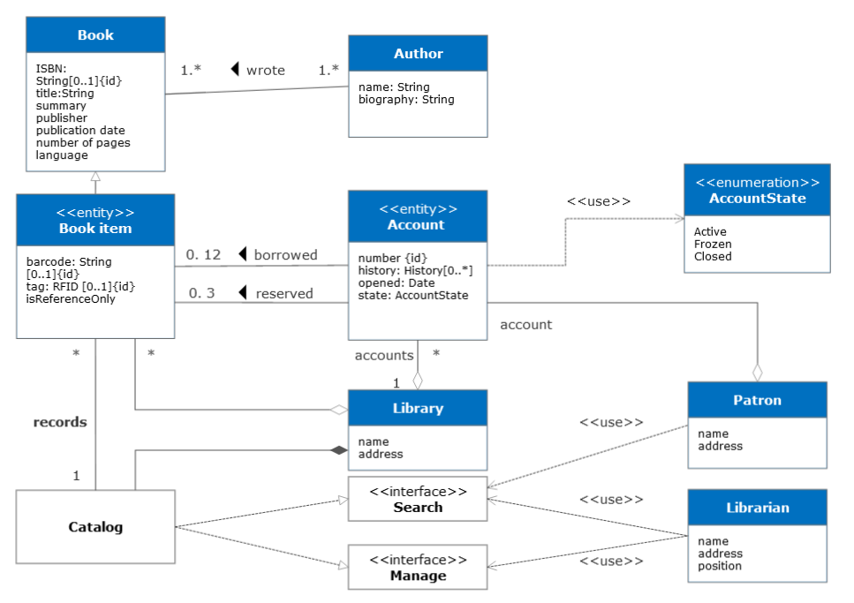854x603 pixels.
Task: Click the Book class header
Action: [x=95, y=35]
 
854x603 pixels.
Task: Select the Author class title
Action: [x=418, y=54]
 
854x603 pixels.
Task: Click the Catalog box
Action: [x=95, y=527]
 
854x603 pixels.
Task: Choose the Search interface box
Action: [x=418, y=500]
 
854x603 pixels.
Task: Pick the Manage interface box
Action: [x=418, y=568]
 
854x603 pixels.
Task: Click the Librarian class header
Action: [x=757, y=508]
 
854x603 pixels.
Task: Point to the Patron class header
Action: [x=757, y=400]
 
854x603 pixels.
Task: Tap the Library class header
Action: [x=418, y=409]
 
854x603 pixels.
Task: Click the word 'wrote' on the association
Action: [x=265, y=70]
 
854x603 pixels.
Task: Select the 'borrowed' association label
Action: [x=285, y=255]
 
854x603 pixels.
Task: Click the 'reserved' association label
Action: [x=284, y=293]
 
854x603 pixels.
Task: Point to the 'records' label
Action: [x=60, y=422]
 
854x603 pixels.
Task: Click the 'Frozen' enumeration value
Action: [x=713, y=245]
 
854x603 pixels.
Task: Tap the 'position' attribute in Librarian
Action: [x=720, y=566]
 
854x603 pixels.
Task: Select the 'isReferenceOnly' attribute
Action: [x=70, y=299]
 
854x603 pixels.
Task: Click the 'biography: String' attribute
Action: [x=406, y=100]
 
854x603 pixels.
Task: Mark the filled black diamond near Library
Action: [x=338, y=450]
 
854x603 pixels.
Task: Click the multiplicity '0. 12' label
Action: [x=203, y=255]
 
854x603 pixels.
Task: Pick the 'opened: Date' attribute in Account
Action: [x=396, y=283]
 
